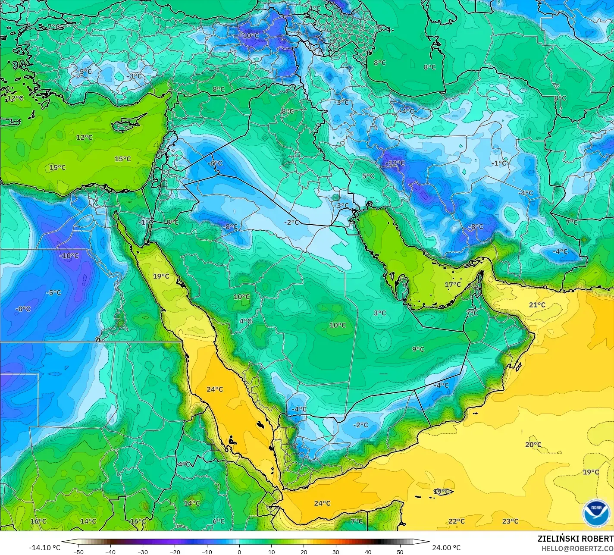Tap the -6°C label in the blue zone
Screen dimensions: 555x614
215,163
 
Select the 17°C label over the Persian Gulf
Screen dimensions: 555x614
453,284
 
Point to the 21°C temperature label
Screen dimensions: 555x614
537,305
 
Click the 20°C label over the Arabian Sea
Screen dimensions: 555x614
533,445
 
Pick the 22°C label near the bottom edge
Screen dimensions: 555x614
456,521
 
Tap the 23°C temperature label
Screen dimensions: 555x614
510,521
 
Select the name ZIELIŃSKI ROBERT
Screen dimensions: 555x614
575,539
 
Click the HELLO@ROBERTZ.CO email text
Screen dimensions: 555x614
577,548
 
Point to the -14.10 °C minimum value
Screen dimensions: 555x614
44,548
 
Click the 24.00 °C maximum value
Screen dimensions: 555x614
446,548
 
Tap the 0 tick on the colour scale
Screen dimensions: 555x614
239,552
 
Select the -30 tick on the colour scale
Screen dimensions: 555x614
143,552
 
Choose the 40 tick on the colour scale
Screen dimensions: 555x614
368,552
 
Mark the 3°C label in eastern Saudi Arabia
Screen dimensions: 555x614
379,313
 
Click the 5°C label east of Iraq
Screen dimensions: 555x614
368,176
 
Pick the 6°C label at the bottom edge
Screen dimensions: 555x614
219,521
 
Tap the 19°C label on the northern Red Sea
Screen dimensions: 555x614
161,276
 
